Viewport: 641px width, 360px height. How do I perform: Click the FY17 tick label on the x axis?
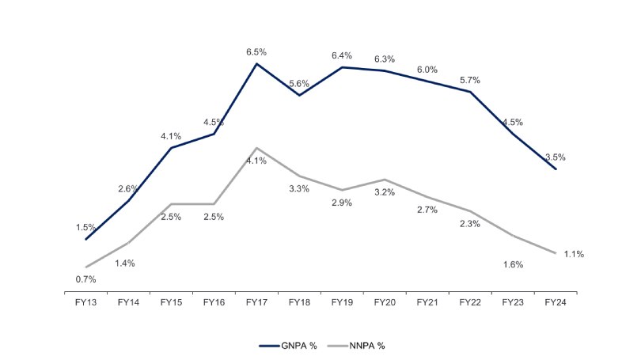coord(256,302)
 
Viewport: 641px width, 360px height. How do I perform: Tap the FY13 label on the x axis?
coord(85,302)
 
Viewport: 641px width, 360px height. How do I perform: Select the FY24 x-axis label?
coord(556,302)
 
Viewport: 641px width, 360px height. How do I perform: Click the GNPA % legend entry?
coord(288,345)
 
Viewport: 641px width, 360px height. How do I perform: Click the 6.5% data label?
coord(256,51)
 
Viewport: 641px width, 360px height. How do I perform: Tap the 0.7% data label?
coord(85,279)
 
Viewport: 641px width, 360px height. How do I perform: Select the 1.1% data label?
coord(574,254)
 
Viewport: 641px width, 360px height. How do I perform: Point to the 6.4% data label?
coord(342,55)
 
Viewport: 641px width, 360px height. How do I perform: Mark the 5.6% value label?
coord(299,83)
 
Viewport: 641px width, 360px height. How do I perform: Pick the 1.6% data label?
coord(513,264)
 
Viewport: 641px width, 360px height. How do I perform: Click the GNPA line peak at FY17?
coord(256,63)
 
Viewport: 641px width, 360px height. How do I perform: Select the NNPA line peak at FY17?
coord(256,148)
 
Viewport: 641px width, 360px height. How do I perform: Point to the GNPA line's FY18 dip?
coord(299,95)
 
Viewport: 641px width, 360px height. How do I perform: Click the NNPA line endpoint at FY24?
coord(556,253)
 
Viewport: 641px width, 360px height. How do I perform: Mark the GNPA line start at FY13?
coord(85,239)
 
